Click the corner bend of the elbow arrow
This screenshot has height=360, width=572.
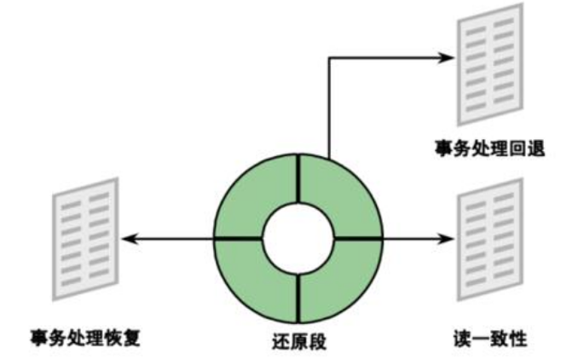click(328, 58)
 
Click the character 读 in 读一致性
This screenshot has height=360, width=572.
click(461, 335)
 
